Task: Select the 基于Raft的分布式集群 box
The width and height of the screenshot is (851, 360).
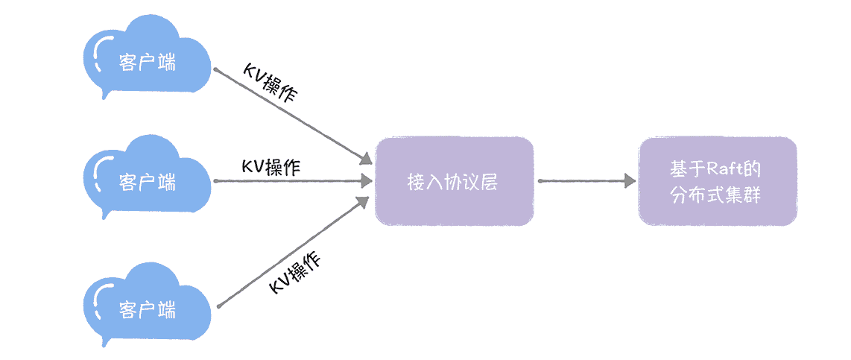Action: click(x=717, y=181)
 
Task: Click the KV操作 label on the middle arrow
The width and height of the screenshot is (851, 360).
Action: click(x=271, y=166)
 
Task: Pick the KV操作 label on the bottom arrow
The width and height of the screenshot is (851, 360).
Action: click(x=295, y=273)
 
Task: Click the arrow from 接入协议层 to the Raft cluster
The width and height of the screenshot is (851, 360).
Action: click(x=585, y=181)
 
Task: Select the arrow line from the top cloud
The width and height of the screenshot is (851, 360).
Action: click(x=291, y=116)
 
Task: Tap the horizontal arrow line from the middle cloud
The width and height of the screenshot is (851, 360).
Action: click(x=291, y=181)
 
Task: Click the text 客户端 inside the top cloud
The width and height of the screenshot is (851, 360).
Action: click(x=148, y=62)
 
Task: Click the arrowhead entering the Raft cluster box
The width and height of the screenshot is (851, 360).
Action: click(x=630, y=181)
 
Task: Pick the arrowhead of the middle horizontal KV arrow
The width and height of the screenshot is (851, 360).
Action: click(x=366, y=181)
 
